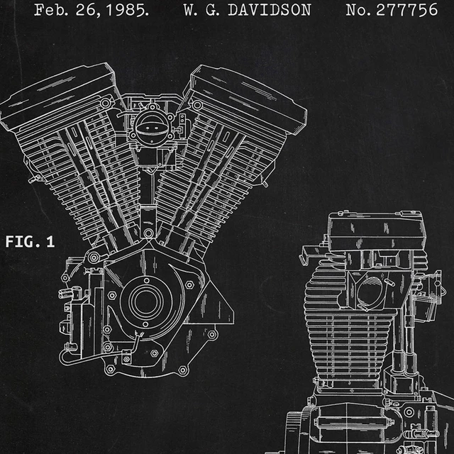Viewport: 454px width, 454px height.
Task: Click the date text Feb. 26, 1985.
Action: coord(92,11)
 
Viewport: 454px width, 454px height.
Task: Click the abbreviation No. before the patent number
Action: coord(360,11)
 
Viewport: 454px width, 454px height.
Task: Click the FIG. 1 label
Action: coord(30,242)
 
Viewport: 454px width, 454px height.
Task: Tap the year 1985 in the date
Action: coord(129,11)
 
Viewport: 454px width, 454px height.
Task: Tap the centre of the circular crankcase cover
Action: coord(146,301)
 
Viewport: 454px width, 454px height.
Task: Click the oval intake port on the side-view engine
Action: coord(370,292)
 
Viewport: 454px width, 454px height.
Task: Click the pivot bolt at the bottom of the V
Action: coord(148,233)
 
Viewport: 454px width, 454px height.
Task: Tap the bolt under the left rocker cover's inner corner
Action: coord(106,104)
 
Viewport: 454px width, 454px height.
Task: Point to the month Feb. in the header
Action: coord(50,11)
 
